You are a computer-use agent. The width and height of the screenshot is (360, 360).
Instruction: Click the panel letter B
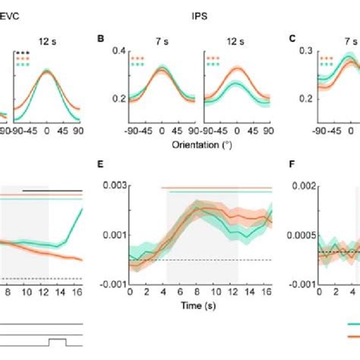[102, 37]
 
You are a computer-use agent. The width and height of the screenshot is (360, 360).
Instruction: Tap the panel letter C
[294, 37]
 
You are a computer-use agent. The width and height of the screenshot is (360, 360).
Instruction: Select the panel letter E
[102, 163]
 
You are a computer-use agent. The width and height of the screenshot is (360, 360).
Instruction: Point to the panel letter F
[293, 163]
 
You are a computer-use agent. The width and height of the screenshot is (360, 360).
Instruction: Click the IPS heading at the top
[200, 13]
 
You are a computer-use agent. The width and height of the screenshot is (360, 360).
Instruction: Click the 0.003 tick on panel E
[112, 185]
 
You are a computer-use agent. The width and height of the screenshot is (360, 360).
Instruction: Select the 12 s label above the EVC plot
[46, 39]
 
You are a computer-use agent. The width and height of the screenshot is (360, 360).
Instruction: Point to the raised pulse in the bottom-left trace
[57, 339]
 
